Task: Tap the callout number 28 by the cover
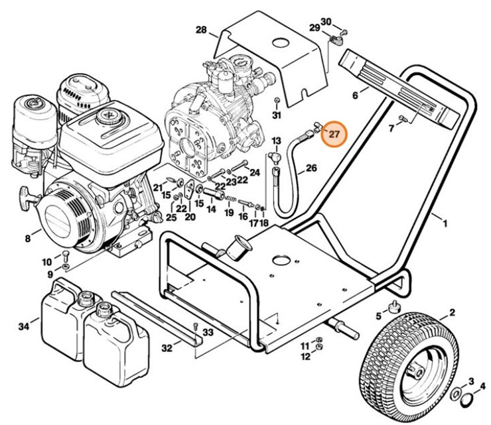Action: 202,30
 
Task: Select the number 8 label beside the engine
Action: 28,238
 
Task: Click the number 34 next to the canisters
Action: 25,326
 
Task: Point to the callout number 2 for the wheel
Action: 452,312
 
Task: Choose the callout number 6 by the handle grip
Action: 355,95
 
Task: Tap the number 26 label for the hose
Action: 311,168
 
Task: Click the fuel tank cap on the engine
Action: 107,118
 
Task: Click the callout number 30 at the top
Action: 326,22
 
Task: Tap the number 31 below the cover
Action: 277,115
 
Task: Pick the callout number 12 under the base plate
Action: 305,357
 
